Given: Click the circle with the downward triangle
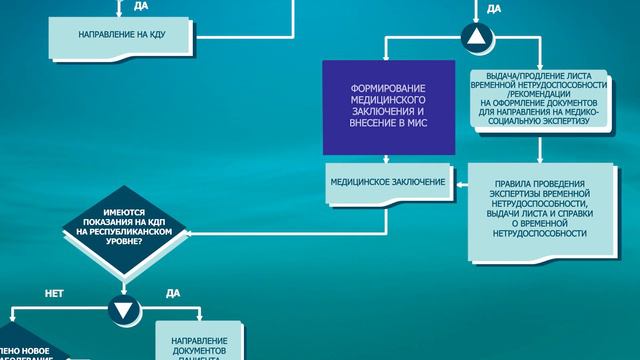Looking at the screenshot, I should [121, 310].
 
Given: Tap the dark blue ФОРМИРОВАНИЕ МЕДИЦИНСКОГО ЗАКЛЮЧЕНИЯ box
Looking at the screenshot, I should [388, 106].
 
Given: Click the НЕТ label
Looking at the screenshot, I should [55, 294].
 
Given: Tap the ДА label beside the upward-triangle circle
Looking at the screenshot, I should [494, 9].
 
